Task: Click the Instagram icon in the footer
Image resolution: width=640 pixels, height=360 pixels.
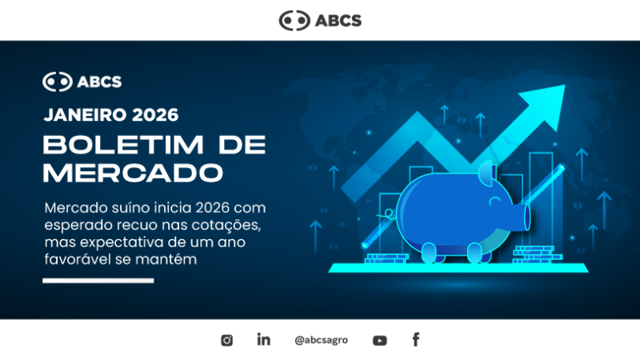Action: [x=226, y=340]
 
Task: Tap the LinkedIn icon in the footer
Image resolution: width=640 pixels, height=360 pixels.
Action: [x=263, y=339]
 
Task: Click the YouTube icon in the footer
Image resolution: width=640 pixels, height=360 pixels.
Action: [x=379, y=340]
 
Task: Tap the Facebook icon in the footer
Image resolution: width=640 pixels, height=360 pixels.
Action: [x=416, y=339]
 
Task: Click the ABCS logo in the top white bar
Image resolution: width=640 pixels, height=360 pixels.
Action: [x=320, y=20]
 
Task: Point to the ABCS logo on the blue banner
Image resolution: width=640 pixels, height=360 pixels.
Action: [x=82, y=82]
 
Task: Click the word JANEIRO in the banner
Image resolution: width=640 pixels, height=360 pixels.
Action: [x=84, y=114]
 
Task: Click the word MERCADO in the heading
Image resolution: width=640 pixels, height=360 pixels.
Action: [x=132, y=172]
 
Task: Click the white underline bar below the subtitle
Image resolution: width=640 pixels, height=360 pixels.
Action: [x=98, y=281]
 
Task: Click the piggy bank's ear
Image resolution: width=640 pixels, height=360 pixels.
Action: [x=487, y=172]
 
